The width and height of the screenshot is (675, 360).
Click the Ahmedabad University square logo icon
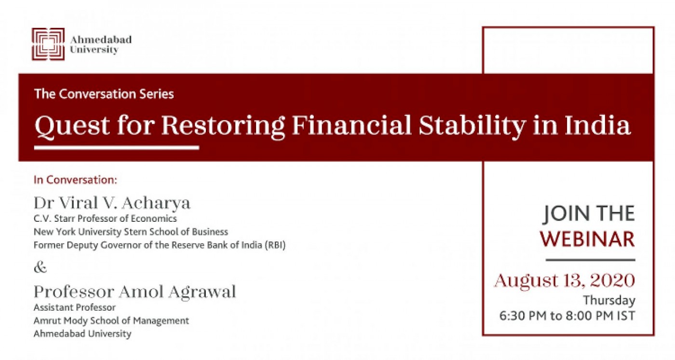pos(48,44)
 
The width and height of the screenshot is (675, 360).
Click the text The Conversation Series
pos(104,94)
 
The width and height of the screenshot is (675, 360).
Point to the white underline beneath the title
pos(117,147)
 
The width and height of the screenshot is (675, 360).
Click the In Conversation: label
pos(75,180)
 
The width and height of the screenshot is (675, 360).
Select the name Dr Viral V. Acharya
pos(112,203)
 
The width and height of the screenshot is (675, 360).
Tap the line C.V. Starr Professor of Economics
pos(105,219)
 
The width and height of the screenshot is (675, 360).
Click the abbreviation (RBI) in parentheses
pos(275,245)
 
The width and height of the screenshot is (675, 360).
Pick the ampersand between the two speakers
pos(40,267)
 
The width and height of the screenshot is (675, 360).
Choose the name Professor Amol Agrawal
pos(135,292)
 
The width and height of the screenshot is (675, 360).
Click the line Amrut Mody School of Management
pos(111,320)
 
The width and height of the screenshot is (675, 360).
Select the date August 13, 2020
pos(565,280)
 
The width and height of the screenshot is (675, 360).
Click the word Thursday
pos(609,301)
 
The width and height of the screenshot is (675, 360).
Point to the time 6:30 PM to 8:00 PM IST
pos(567,316)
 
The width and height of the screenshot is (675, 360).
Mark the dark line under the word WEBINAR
pos(591,260)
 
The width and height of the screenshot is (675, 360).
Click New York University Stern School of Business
pos(131,232)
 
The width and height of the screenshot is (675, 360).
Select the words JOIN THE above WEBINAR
pos(589,214)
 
